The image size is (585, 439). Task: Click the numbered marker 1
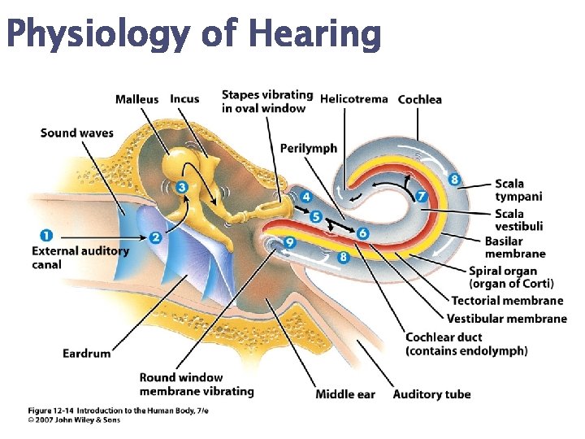pos(45,236)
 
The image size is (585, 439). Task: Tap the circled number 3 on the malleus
pos(182,187)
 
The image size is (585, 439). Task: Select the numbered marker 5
pos(316,217)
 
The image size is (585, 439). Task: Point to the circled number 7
pos(421,196)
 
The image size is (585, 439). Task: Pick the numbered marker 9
pos(290,242)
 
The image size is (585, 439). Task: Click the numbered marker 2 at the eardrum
pos(155,237)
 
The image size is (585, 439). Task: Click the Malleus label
pos(136,99)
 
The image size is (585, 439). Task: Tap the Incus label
pos(184,99)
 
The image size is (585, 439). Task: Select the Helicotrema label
pos(353,99)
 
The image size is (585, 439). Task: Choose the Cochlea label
pos(420,99)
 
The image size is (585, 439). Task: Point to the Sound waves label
pos(77,133)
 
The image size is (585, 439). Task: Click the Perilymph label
pos(309,148)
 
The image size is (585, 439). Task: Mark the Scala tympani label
pos(518,190)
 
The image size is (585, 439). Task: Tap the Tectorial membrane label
pos(508,301)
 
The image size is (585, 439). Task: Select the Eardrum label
pos(87,354)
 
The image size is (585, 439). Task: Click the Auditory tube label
pos(431,394)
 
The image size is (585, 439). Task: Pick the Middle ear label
pos(345,394)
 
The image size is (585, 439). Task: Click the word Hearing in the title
pos(315,34)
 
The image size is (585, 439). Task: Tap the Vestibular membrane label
pos(507,319)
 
